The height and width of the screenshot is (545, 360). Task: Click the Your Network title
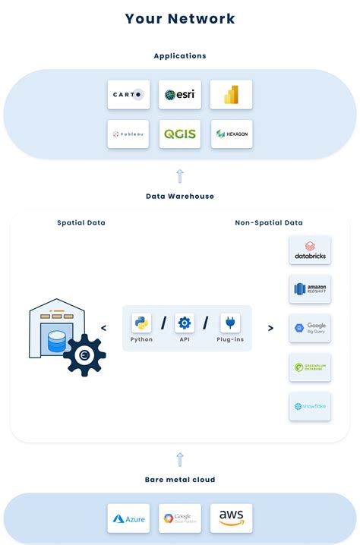(180, 19)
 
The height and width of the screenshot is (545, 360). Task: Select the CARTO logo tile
(128, 95)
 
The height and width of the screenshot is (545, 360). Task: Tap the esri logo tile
(180, 95)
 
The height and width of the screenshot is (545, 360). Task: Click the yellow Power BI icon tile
(231, 95)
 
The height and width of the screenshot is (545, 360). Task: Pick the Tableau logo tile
(128, 134)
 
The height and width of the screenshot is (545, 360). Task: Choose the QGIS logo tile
(180, 134)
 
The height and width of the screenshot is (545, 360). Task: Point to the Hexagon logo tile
(231, 134)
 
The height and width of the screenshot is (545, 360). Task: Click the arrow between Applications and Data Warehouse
(180, 176)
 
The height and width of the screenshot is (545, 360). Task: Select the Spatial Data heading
(81, 222)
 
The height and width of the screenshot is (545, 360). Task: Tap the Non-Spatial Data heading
(269, 222)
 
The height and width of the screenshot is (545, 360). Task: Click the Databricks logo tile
(310, 250)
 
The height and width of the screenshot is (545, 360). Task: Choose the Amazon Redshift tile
(310, 289)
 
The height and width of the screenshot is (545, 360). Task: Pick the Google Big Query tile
(310, 328)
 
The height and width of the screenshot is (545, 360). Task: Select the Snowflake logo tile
(310, 406)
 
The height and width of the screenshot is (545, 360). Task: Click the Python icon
(141, 323)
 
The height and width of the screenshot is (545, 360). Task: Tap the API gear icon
(185, 323)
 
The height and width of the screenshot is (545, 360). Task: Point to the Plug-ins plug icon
(230, 323)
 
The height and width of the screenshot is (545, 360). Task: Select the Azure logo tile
(128, 518)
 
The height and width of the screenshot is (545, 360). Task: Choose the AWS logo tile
(231, 518)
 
